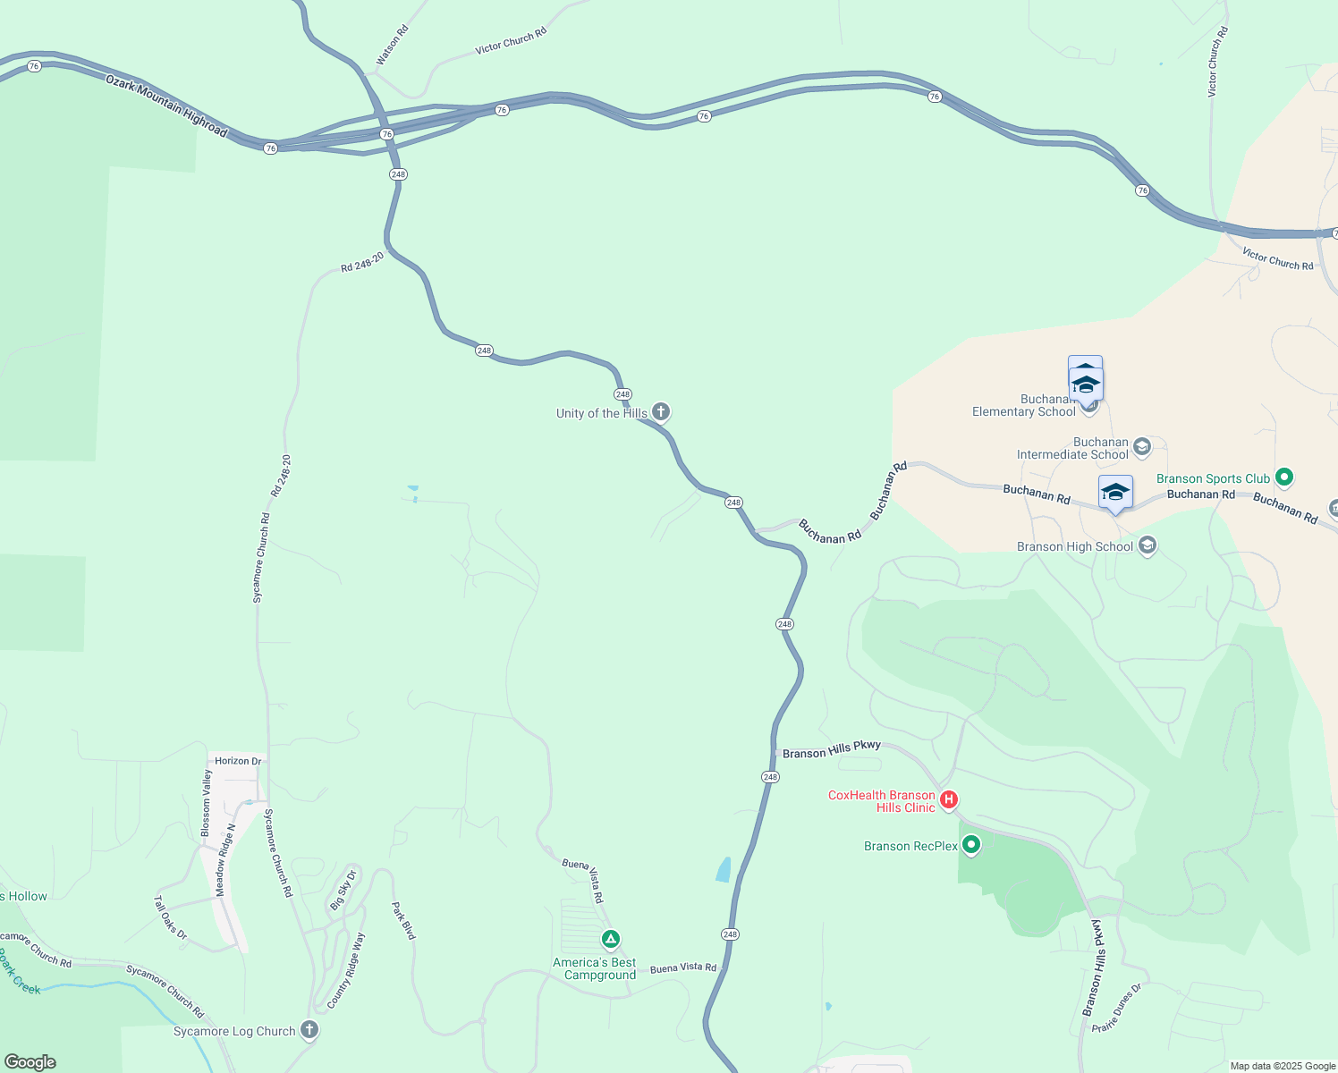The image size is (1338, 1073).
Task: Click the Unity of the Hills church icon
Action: click(x=661, y=411)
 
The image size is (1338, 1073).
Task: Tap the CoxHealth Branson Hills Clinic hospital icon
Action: click(x=949, y=799)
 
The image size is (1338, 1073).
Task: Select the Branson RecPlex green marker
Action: click(x=971, y=844)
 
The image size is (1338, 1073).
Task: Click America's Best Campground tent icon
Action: click(x=611, y=939)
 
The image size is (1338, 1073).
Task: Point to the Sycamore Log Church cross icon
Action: click(x=309, y=1029)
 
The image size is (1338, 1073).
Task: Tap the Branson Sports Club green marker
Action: click(x=1284, y=477)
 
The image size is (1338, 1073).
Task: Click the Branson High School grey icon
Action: click(x=1148, y=545)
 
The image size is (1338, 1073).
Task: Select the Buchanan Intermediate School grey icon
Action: click(x=1142, y=446)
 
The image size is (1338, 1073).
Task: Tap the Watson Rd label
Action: click(x=392, y=45)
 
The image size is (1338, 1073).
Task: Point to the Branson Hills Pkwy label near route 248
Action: click(x=832, y=749)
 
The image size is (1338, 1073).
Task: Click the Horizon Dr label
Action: click(x=238, y=761)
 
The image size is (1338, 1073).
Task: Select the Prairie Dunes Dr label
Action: click(x=1117, y=1009)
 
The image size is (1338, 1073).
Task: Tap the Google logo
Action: click(x=30, y=1062)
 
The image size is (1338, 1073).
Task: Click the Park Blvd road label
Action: click(x=403, y=920)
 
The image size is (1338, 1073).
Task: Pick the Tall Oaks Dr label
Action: click(x=170, y=917)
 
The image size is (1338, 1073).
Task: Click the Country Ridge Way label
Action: click(x=346, y=970)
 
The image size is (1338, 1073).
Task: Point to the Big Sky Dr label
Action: click(x=343, y=890)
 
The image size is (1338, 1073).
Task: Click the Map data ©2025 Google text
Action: click(x=1283, y=1066)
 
